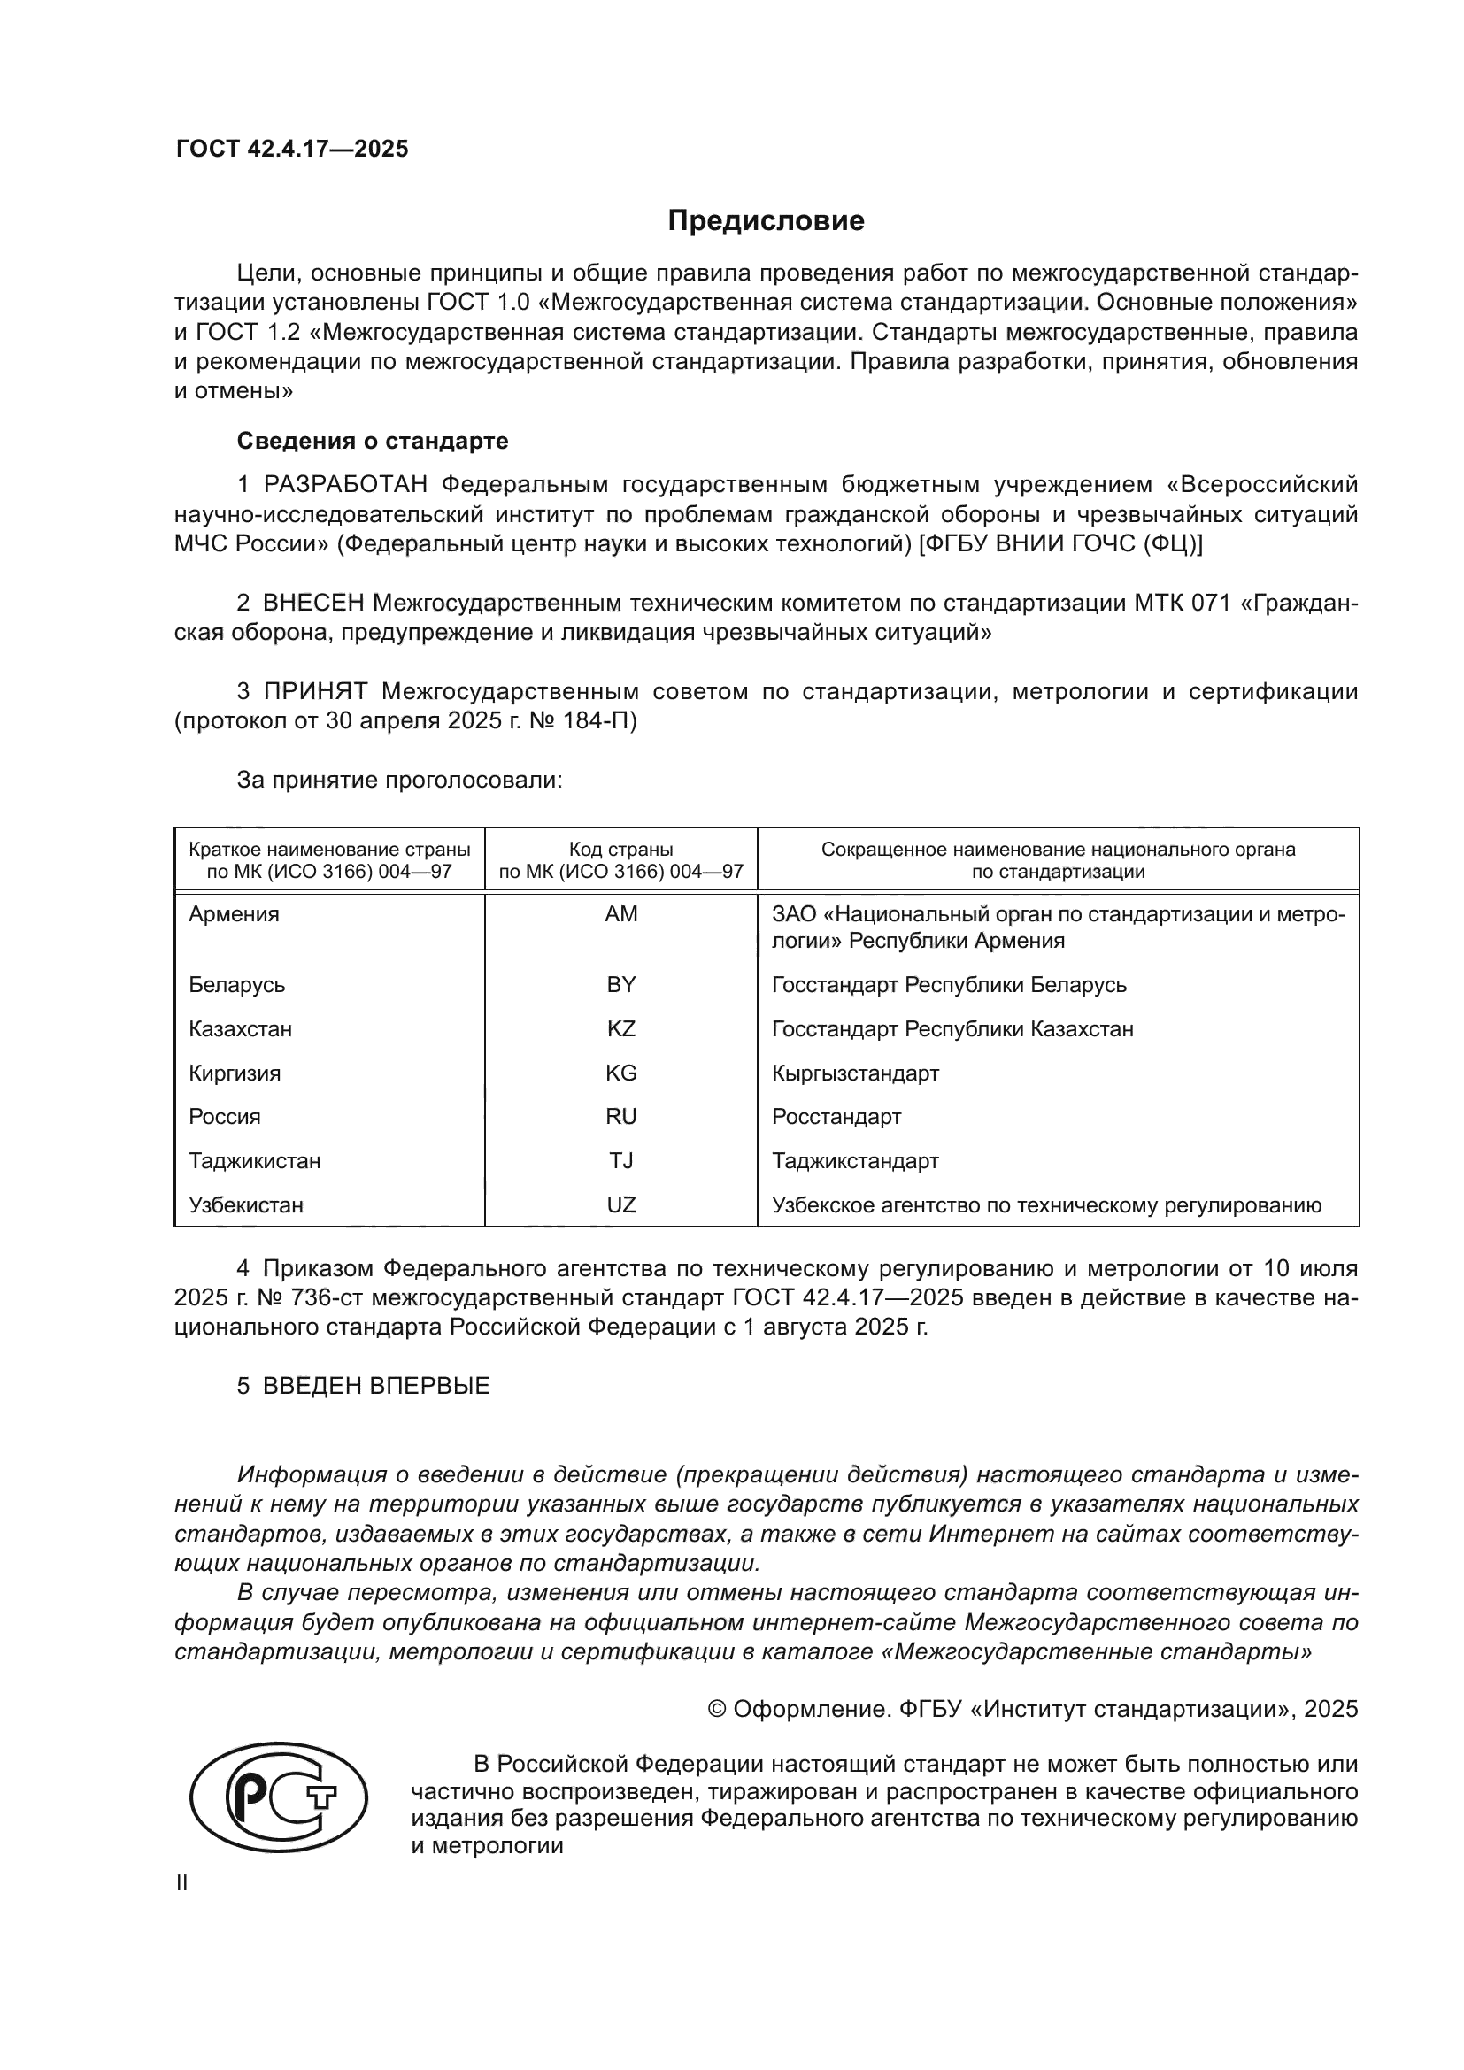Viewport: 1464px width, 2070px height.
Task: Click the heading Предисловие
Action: click(x=766, y=221)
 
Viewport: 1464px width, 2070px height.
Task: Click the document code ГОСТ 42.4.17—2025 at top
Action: click(x=292, y=149)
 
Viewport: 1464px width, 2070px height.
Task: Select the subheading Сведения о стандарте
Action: click(x=373, y=441)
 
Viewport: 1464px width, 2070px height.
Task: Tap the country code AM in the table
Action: click(x=621, y=914)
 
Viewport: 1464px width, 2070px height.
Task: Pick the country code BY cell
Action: click(x=621, y=984)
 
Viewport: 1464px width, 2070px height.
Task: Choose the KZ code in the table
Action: click(x=621, y=1028)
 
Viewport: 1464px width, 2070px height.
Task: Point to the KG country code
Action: click(x=621, y=1073)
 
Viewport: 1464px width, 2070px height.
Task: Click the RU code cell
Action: click(x=621, y=1117)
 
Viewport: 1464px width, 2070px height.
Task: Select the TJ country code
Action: click(x=621, y=1160)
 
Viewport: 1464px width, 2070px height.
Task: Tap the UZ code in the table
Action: click(x=621, y=1204)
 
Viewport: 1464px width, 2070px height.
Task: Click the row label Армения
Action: click(x=235, y=914)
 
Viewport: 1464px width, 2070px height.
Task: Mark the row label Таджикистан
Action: click(x=255, y=1160)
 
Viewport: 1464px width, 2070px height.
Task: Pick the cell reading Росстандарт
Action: click(x=836, y=1117)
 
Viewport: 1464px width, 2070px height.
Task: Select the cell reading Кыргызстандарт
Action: click(x=856, y=1073)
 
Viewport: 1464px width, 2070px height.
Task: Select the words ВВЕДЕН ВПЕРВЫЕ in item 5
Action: click(x=376, y=1386)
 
